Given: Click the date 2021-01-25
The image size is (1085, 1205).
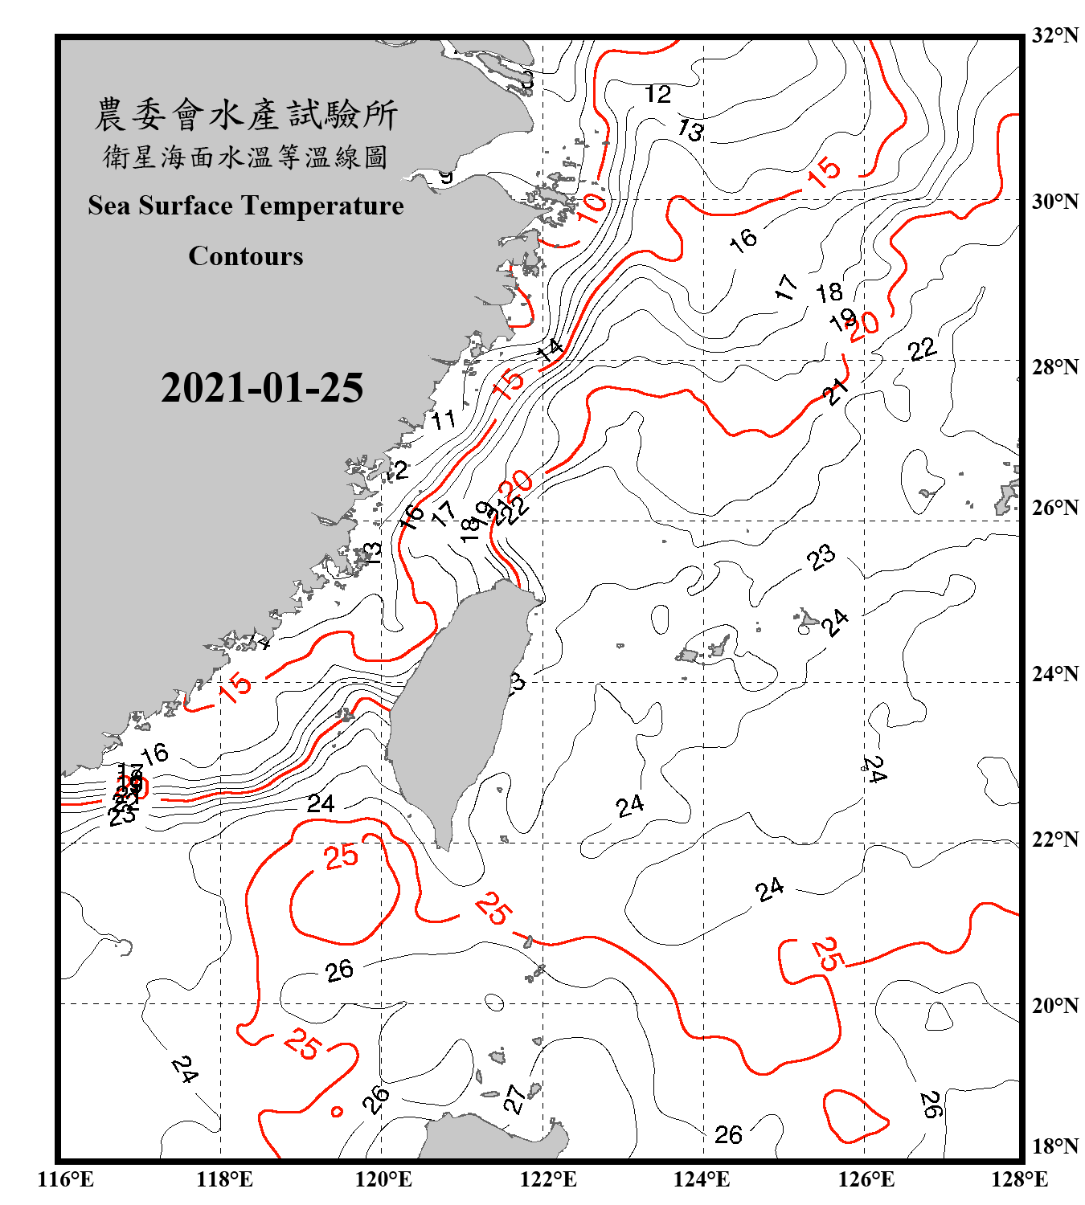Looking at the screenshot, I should pyautogui.click(x=262, y=388).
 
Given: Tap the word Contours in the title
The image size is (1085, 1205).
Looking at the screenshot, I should pyautogui.click(x=246, y=256).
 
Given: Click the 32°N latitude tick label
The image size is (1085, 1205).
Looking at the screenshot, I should pyautogui.click(x=1055, y=35).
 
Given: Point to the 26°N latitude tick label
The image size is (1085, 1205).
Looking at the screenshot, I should pyautogui.click(x=1055, y=508).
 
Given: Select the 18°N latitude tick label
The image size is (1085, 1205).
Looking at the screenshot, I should pyautogui.click(x=1055, y=1146).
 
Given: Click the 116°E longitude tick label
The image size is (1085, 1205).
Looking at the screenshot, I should pyautogui.click(x=66, y=1179).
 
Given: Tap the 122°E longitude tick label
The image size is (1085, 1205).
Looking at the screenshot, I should pyautogui.click(x=548, y=1179).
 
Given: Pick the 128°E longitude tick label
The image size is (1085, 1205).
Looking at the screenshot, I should pyautogui.click(x=1019, y=1179).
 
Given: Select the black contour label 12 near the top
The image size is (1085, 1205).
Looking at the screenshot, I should pyautogui.click(x=657, y=95).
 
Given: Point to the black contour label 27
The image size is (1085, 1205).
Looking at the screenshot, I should pyautogui.click(x=514, y=1099).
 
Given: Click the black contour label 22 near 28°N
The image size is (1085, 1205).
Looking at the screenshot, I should pyautogui.click(x=922, y=349).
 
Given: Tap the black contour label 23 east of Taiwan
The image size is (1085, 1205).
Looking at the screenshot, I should pyautogui.click(x=821, y=557).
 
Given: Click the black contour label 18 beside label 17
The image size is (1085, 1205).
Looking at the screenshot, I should pyautogui.click(x=829, y=292).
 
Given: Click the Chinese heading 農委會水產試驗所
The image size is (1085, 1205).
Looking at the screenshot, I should pyautogui.click(x=246, y=115).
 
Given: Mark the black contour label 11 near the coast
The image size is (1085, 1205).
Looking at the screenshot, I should pyautogui.click(x=444, y=419).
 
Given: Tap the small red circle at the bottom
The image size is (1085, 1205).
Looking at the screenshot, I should pyautogui.click(x=337, y=1112).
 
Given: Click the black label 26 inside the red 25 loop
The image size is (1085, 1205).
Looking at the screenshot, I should pyautogui.click(x=339, y=970).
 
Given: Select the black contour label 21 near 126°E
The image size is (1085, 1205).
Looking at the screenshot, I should pyautogui.click(x=836, y=392).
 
